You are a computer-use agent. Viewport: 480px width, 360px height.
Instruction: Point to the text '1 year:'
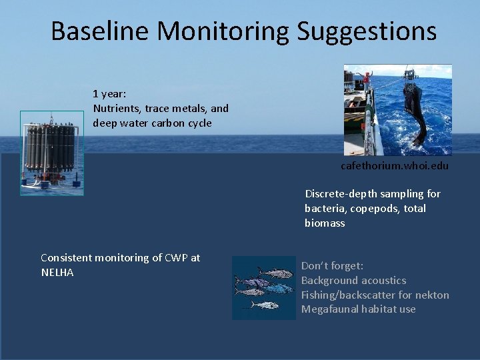[x=109, y=94]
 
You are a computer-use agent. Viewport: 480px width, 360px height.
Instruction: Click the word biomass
[x=325, y=223]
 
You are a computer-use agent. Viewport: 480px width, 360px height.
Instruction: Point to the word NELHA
[x=57, y=273]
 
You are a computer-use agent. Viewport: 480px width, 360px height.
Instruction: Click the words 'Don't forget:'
[x=332, y=266]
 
